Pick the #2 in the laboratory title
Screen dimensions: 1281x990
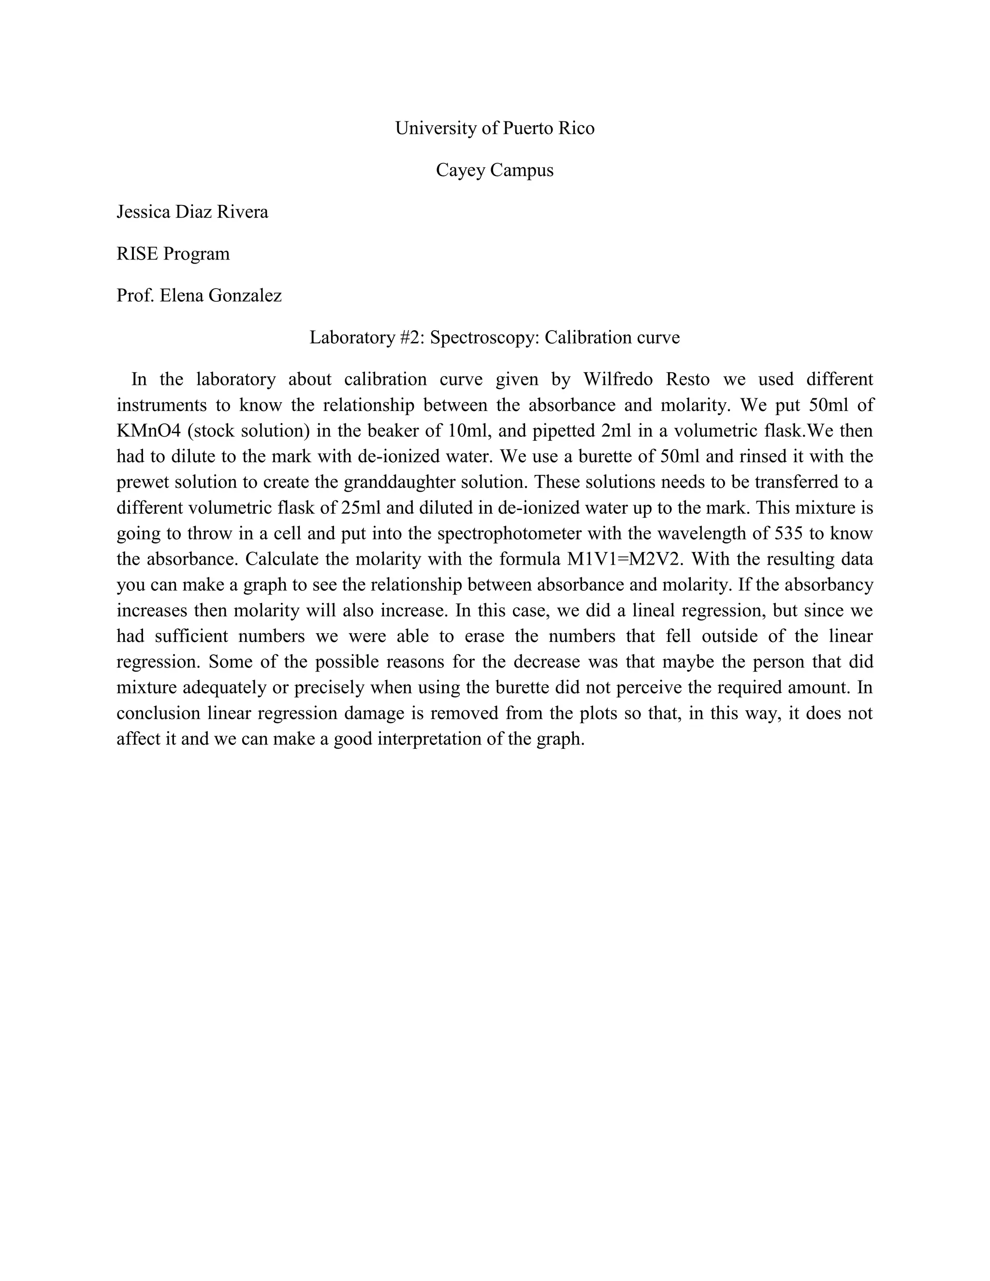tap(410, 338)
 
